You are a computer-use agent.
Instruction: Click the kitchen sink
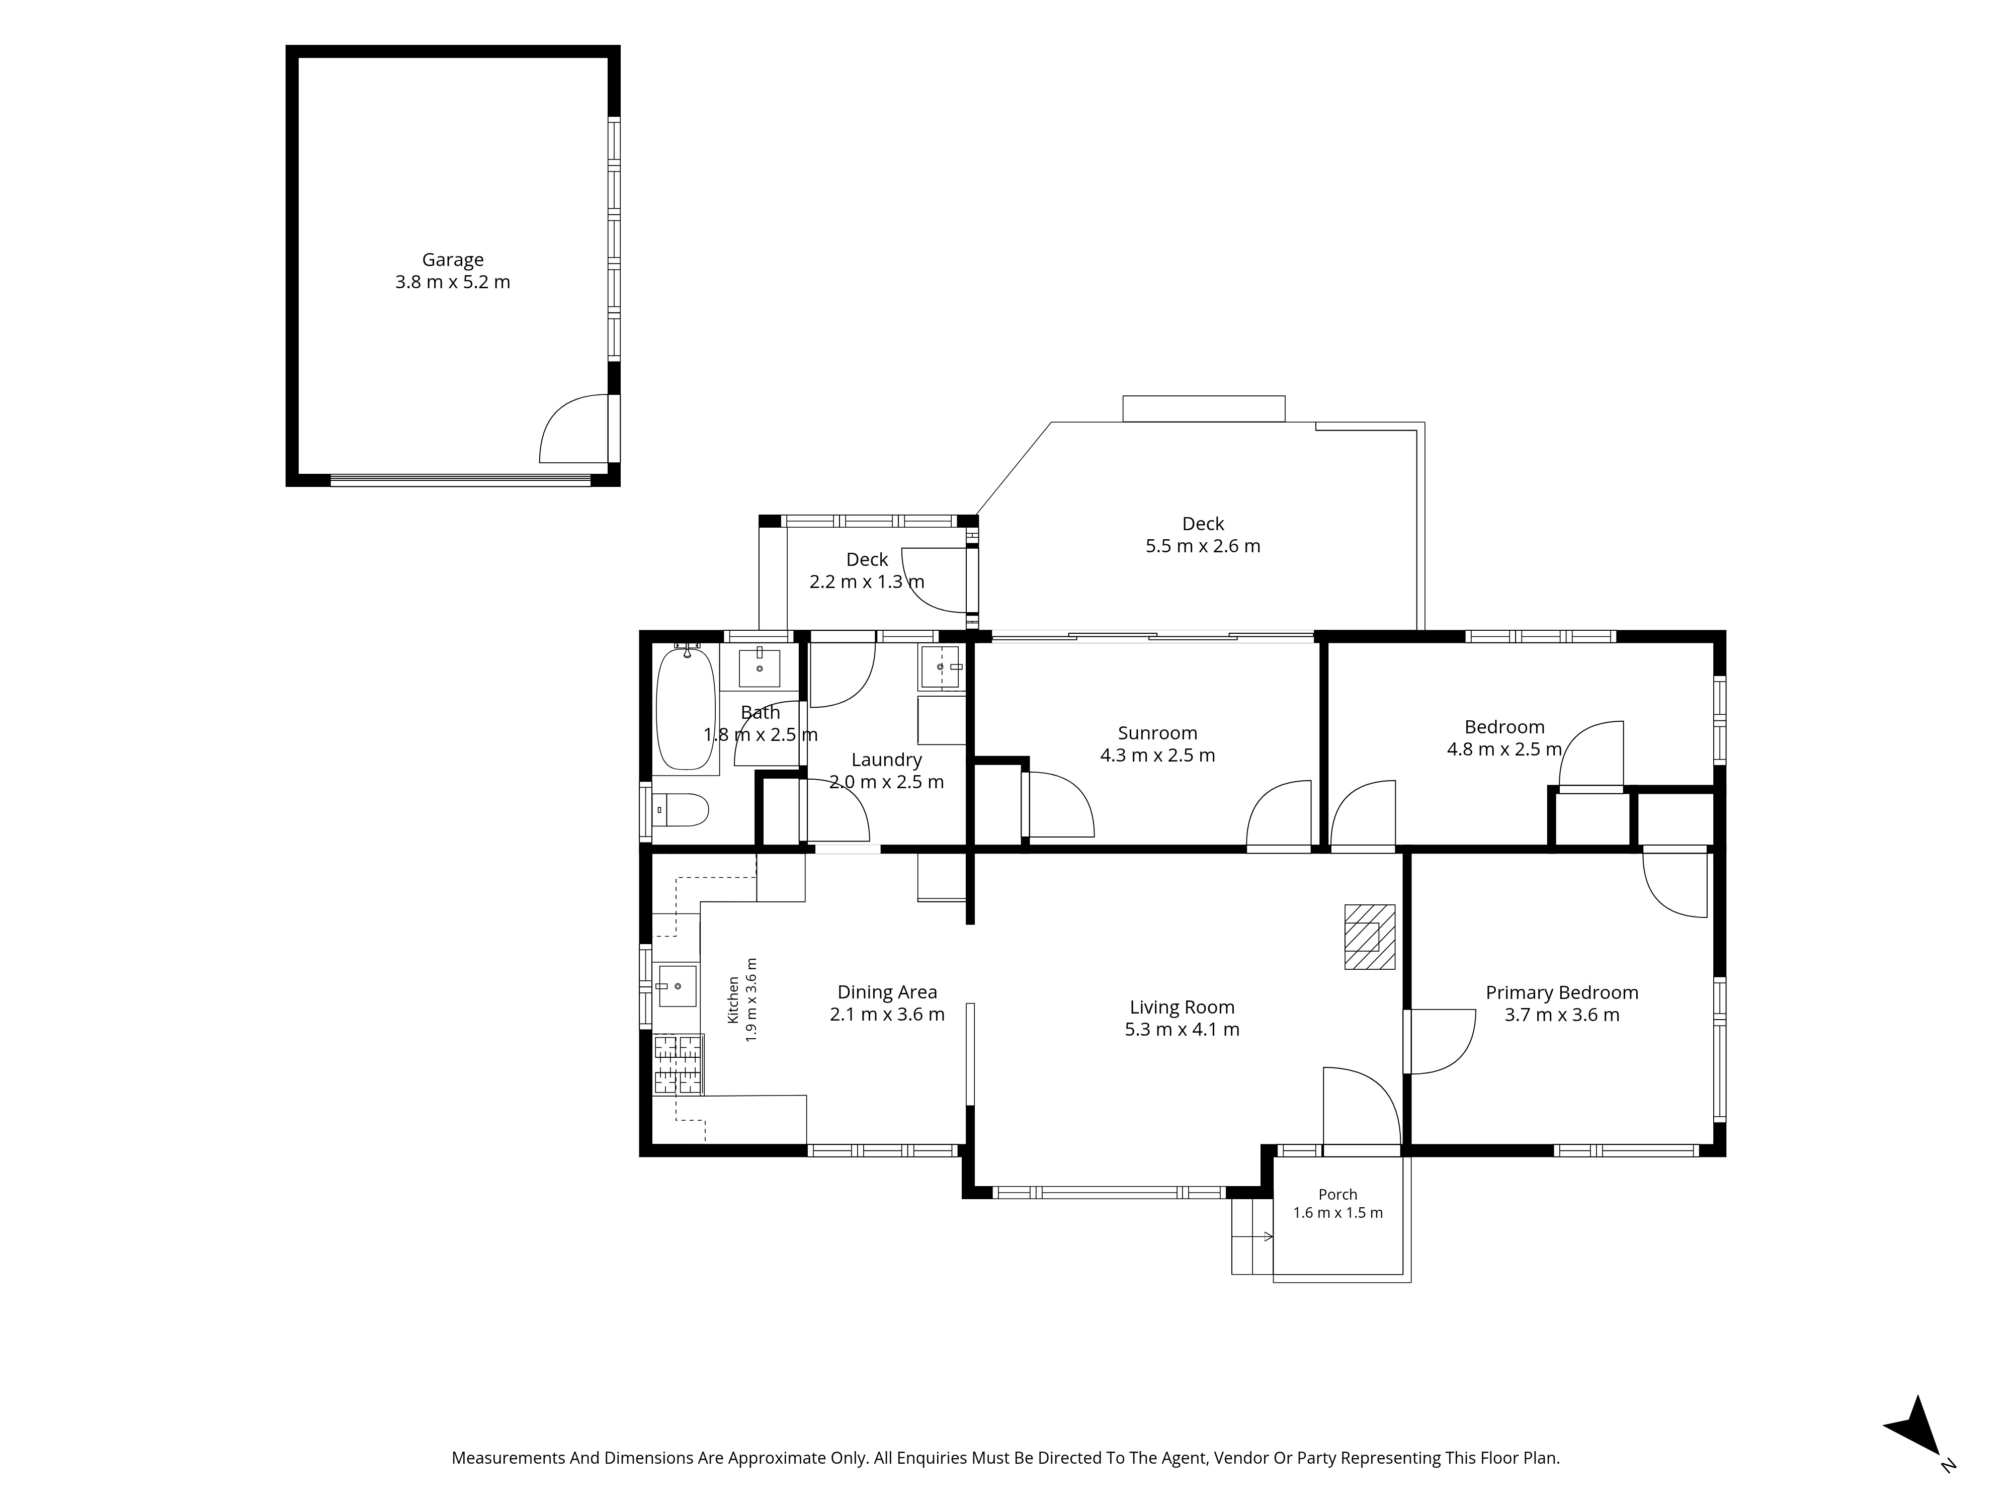pyautogui.click(x=677, y=986)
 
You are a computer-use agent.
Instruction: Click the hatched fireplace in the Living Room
pyautogui.click(x=1370, y=936)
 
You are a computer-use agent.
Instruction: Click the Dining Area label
pyautogui.click(x=887, y=992)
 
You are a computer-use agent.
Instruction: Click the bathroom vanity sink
pyautogui.click(x=760, y=667)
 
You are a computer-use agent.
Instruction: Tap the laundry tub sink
pyautogui.click(x=942, y=667)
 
